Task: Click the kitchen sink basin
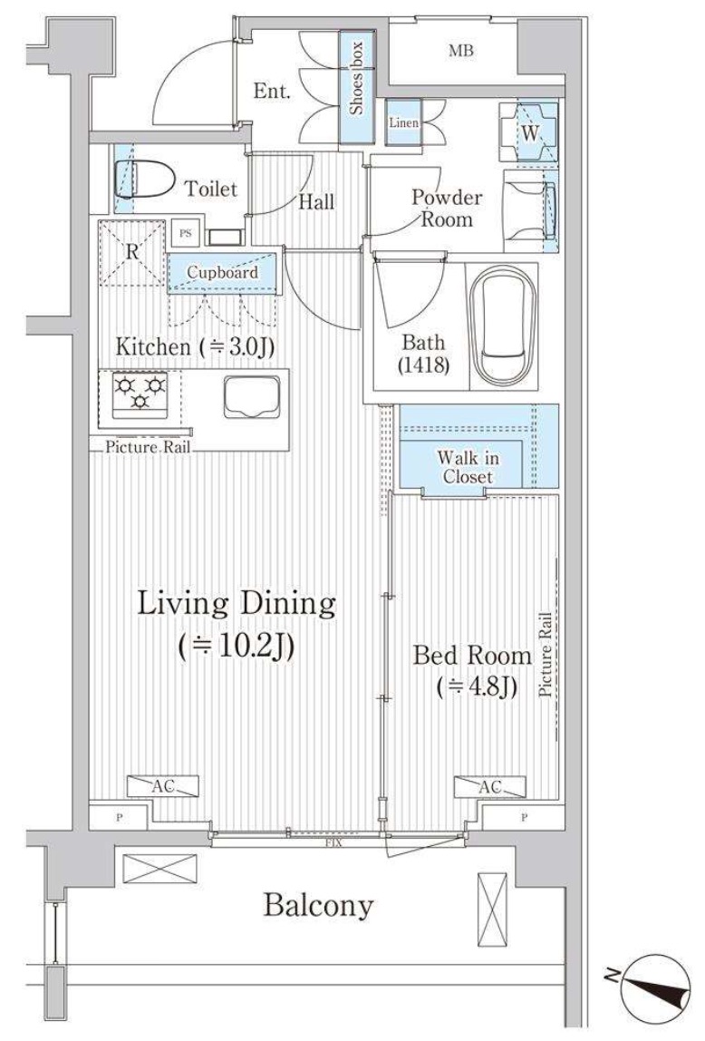(251, 396)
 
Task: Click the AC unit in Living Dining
(163, 786)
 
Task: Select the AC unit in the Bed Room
(489, 786)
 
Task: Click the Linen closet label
(403, 122)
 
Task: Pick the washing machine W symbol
(529, 132)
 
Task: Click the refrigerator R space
(132, 252)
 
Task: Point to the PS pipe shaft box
(185, 233)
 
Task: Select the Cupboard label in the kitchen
(222, 272)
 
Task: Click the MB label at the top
(461, 51)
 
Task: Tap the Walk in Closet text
(468, 467)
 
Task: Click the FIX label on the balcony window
(333, 843)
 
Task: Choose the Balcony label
(318, 905)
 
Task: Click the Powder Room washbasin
(532, 210)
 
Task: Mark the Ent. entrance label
(272, 92)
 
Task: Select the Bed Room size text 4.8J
(477, 687)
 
